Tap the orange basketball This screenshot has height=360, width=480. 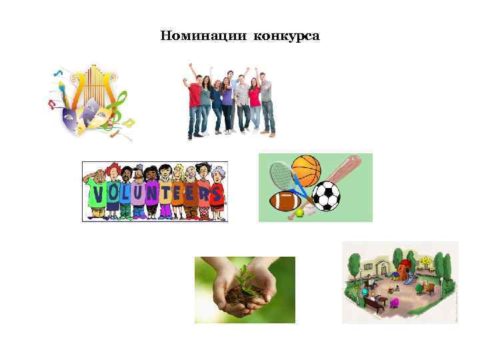(306, 170)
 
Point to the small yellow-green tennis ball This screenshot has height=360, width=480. (300, 213)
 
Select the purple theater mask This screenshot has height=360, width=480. (71, 121)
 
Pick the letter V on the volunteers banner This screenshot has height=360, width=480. (97, 195)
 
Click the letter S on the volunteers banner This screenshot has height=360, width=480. (215, 195)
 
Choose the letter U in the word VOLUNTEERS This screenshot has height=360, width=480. (137, 194)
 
